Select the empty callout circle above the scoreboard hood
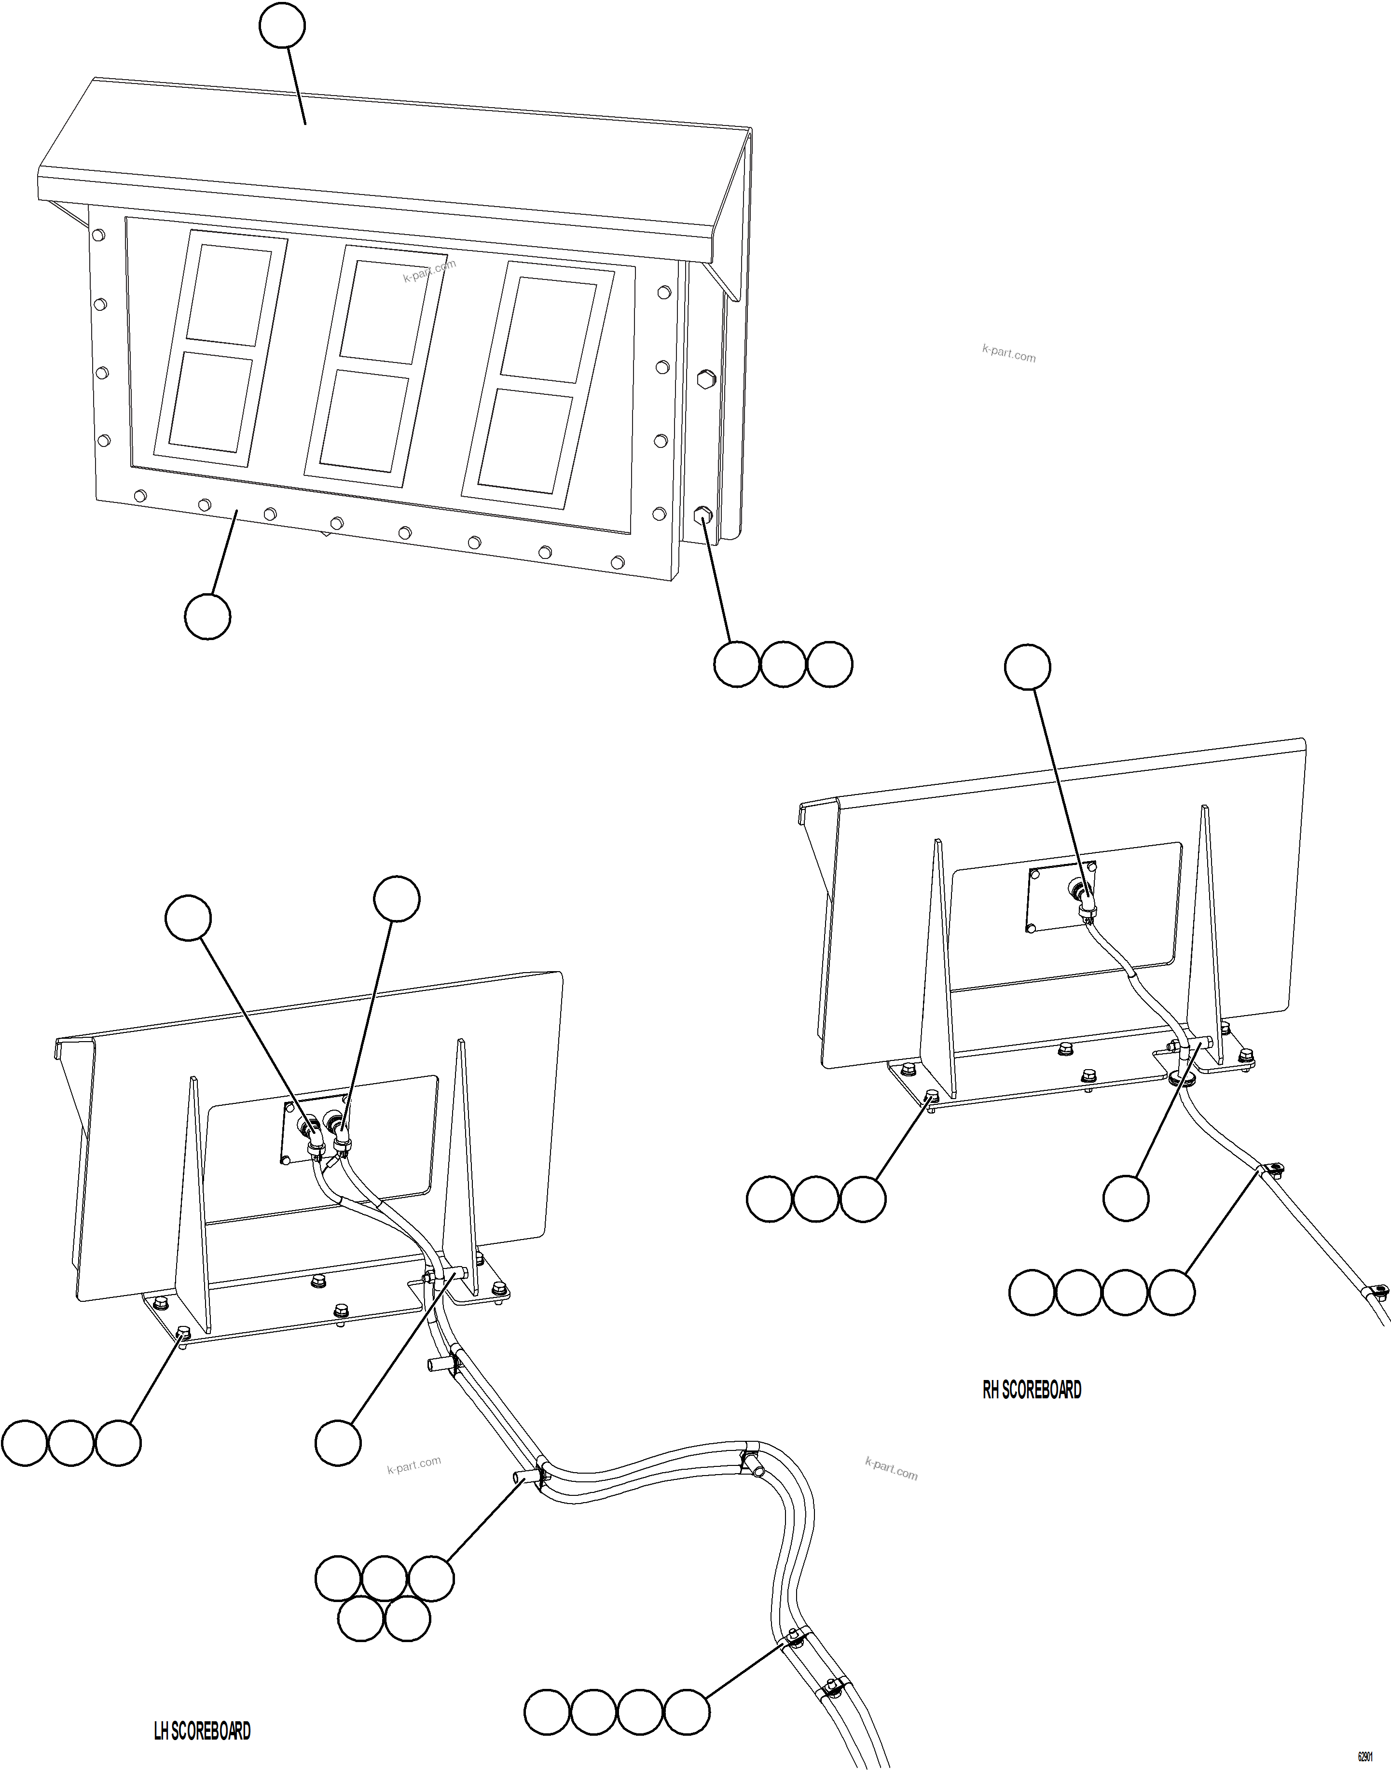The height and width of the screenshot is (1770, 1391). (x=282, y=26)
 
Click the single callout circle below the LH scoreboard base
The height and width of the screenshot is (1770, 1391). (x=338, y=1443)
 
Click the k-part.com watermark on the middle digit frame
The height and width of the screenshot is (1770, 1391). (x=429, y=270)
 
